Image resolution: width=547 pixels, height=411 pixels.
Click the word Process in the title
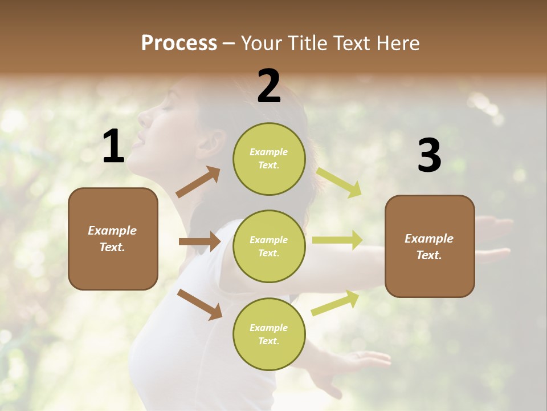[179, 43]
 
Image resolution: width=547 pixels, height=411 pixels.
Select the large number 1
[113, 147]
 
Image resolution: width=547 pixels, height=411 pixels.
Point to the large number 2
[269, 86]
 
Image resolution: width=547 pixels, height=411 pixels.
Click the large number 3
[429, 155]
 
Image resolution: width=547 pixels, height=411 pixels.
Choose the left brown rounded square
[113, 239]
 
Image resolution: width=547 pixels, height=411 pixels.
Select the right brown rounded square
[430, 246]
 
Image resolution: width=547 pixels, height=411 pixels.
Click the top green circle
[269, 159]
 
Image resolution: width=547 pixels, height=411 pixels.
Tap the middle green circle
[269, 246]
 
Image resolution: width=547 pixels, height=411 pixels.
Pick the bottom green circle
[269, 334]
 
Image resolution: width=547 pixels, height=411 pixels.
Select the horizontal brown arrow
[199, 241]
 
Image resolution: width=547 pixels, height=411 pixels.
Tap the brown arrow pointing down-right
[199, 304]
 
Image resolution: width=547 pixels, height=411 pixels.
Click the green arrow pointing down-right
[339, 183]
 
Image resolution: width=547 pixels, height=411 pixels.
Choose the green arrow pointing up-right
[336, 303]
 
